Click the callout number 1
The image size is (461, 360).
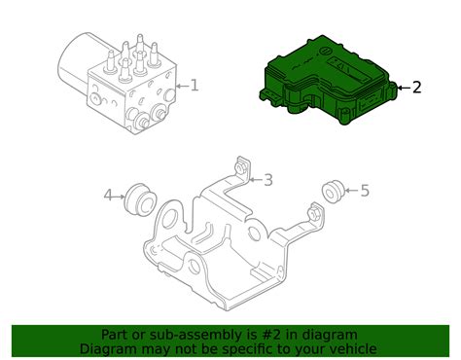(x=195, y=86)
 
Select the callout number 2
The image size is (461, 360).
(x=416, y=88)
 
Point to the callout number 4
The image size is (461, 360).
(x=109, y=197)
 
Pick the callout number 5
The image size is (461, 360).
(x=365, y=191)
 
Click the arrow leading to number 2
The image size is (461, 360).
(x=401, y=88)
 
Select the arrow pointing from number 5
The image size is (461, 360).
(x=351, y=191)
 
